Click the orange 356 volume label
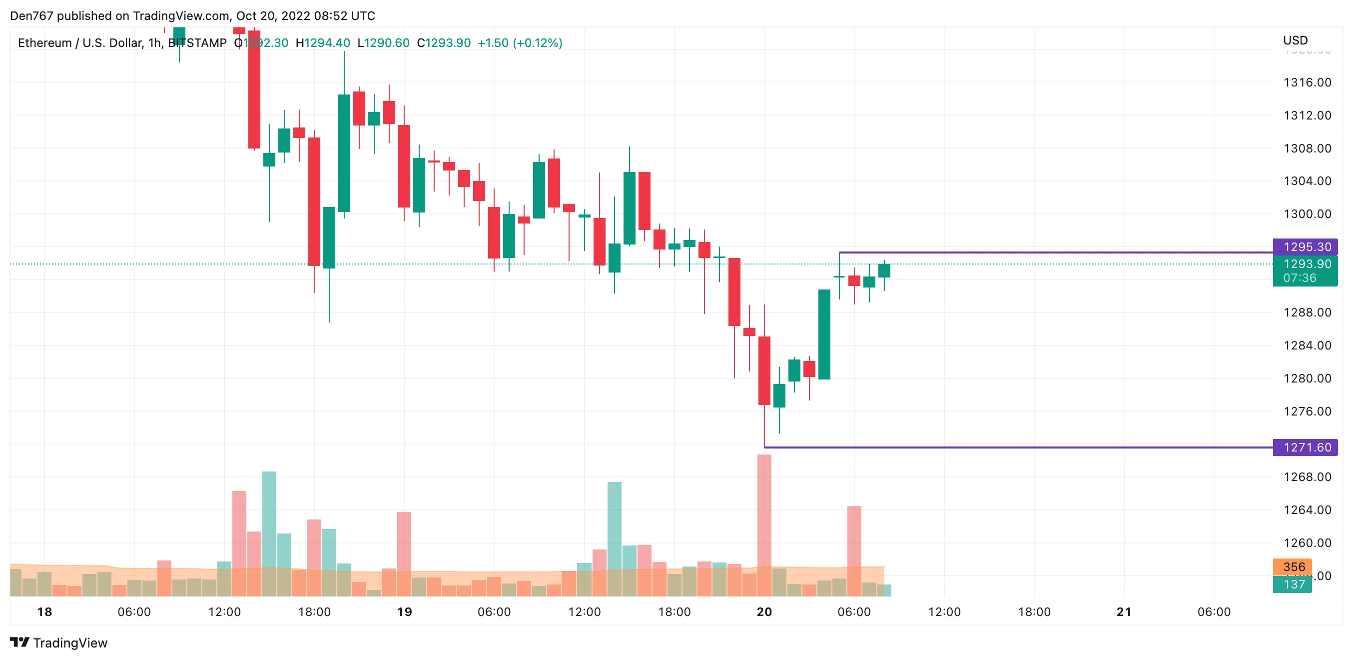(1293, 567)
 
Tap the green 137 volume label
(1293, 584)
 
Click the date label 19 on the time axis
(404, 611)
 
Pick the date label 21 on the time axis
(1124, 611)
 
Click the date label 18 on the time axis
(44, 611)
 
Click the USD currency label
(1295, 40)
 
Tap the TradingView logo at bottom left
(59, 642)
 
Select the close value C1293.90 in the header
(444, 43)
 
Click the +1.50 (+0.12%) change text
(520, 43)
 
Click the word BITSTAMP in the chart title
(197, 43)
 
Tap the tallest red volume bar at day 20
(764, 525)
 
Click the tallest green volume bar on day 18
(269, 533)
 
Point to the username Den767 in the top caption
(31, 16)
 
